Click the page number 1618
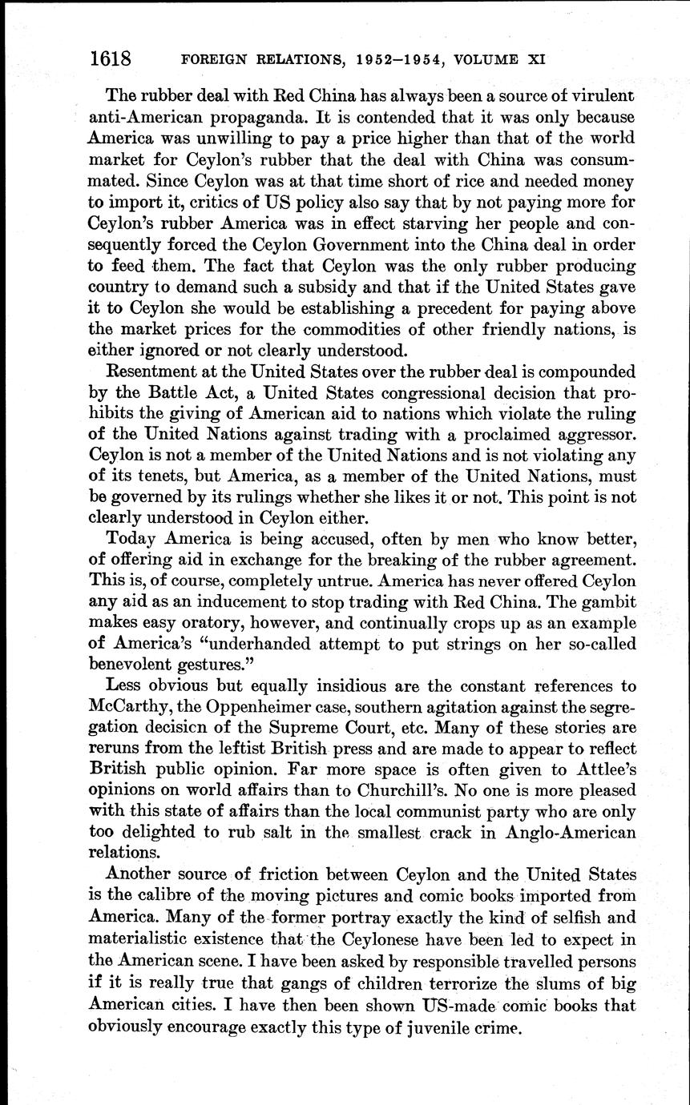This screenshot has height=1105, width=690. [111, 58]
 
